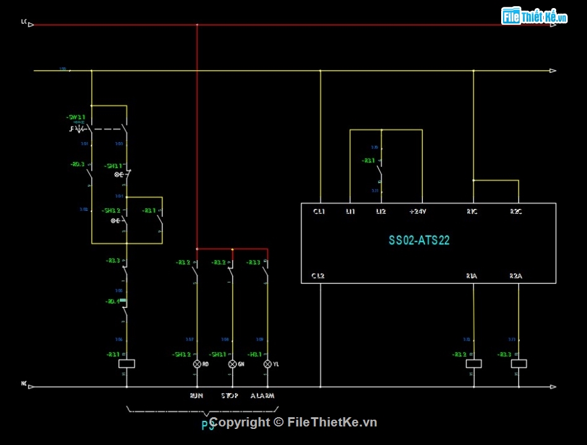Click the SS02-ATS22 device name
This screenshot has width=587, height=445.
click(x=419, y=240)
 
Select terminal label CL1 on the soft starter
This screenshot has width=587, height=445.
click(x=319, y=212)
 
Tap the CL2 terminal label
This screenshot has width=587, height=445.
click(x=318, y=276)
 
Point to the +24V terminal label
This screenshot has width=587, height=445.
click(x=418, y=212)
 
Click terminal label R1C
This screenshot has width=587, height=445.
click(x=472, y=212)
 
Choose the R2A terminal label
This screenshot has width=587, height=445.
click(x=516, y=276)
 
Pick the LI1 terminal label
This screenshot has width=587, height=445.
click(x=350, y=212)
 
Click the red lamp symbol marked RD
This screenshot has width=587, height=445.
click(x=197, y=365)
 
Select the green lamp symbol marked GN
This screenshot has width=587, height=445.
click(x=232, y=365)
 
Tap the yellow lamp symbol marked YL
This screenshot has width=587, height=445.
click(x=268, y=365)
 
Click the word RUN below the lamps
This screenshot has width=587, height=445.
click(x=196, y=396)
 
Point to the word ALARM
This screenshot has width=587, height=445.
click(x=263, y=396)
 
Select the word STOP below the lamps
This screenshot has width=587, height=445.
click(x=230, y=396)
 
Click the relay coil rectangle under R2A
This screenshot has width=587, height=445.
click(x=518, y=363)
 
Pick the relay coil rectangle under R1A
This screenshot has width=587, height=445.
click(x=473, y=363)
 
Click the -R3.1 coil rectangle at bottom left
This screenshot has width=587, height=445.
click(x=126, y=363)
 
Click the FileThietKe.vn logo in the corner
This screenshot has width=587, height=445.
click(x=534, y=17)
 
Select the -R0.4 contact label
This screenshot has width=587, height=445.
click(x=112, y=302)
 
